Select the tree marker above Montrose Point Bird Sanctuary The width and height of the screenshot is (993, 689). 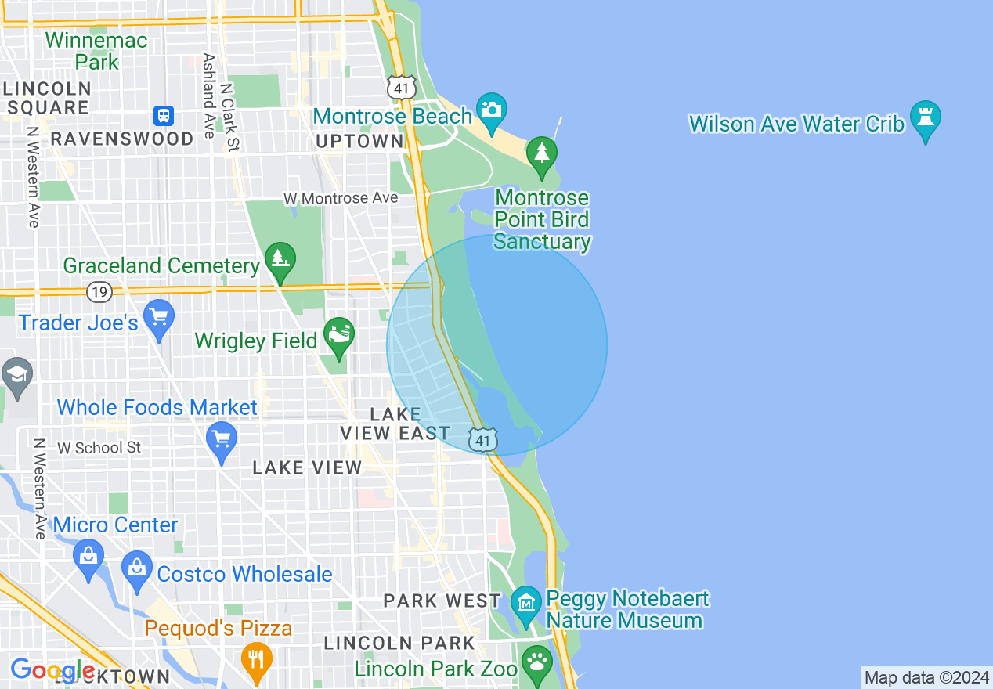[541, 154]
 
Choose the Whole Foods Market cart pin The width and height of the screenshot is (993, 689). [222, 439]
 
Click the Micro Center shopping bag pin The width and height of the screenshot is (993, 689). [88, 556]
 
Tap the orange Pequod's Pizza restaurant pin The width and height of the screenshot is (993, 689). [255, 659]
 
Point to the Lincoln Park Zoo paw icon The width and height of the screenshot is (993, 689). [537, 662]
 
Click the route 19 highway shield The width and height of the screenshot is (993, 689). [99, 292]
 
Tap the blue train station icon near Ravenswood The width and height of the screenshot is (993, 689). [164, 116]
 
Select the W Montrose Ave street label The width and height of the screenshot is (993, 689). [341, 198]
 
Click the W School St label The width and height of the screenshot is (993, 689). [99, 447]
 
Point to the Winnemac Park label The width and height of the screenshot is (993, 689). [96, 51]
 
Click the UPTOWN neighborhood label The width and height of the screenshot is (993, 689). [359, 141]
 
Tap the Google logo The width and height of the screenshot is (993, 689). [52, 671]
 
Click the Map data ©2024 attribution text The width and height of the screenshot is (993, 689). [926, 677]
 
